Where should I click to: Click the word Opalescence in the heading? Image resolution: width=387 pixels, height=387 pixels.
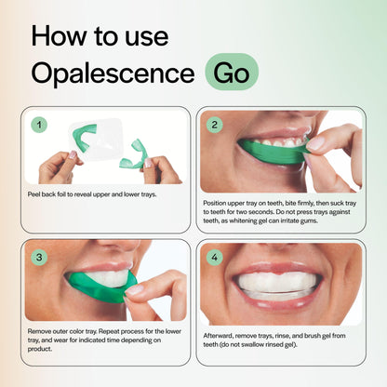pos(110,73)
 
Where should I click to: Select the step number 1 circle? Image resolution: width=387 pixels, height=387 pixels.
pos(38,124)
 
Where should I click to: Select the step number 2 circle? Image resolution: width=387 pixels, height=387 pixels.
pos(214,124)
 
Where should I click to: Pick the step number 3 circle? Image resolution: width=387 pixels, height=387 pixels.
pos(38,257)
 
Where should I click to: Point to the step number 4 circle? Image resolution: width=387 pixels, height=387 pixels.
pos(214,257)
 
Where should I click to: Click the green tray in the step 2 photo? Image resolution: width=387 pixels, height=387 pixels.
pos(270,151)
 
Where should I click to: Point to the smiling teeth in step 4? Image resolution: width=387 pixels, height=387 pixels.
pos(279,282)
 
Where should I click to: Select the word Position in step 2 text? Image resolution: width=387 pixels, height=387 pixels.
pos(217,201)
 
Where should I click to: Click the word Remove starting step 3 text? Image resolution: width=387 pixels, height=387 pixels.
pos(43,330)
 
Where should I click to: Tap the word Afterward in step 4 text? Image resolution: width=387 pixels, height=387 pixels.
pos(220,330)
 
